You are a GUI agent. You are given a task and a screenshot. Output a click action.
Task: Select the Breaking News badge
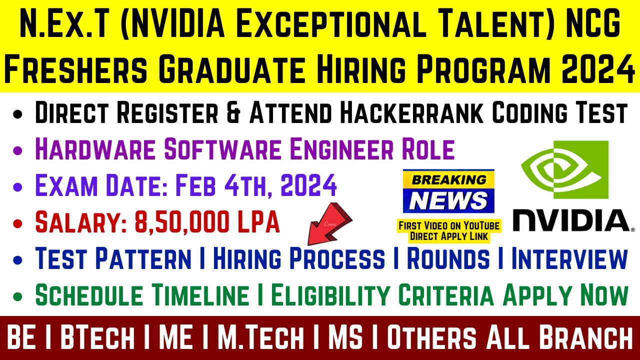tap(448, 191)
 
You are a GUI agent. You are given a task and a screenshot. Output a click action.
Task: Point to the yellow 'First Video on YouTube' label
tap(448, 230)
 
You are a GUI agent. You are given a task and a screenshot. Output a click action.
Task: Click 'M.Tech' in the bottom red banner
tap(260, 337)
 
